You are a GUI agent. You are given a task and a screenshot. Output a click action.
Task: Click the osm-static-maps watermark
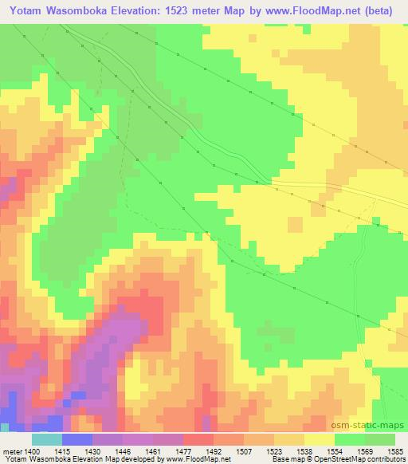coord(375,427)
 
